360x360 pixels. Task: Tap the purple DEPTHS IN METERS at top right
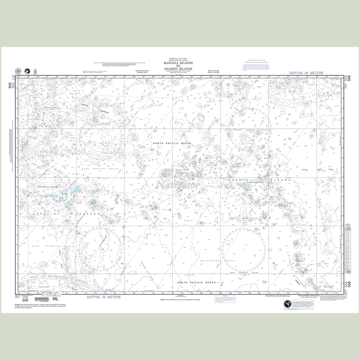[x=306, y=73]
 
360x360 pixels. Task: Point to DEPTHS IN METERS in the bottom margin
[x=104, y=297]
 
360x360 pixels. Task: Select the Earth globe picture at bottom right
[x=287, y=305]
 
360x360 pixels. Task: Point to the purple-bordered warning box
[x=225, y=298]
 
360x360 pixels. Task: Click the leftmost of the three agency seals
[x=18, y=72]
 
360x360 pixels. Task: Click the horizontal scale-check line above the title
[x=119, y=62]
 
